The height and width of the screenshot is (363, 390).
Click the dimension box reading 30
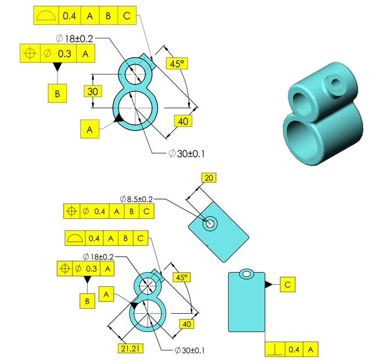pyautogui.click(x=93, y=91)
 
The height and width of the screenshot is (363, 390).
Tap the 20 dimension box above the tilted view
pyautogui.click(x=209, y=178)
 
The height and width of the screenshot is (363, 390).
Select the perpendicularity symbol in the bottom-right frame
pyautogui.click(x=274, y=349)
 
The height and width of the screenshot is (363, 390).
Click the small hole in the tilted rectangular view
pyautogui.click(x=209, y=224)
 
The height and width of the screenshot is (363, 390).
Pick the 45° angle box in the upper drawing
pyautogui.click(x=177, y=64)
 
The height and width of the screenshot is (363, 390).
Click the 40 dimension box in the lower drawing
pyautogui.click(x=187, y=324)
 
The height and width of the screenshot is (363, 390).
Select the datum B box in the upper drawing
pyautogui.click(x=57, y=93)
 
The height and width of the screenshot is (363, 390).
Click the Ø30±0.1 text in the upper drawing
pyautogui.click(x=188, y=153)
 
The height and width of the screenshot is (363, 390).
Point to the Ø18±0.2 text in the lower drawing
pyautogui.click(x=99, y=256)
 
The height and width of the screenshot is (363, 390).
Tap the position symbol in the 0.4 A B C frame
pyautogui.click(x=71, y=211)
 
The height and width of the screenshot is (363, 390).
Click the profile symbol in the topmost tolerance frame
pyautogui.click(x=46, y=16)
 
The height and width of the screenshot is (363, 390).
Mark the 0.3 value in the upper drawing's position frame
pyautogui.click(x=65, y=54)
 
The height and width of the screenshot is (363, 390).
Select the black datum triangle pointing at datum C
pyautogui.click(x=268, y=285)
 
